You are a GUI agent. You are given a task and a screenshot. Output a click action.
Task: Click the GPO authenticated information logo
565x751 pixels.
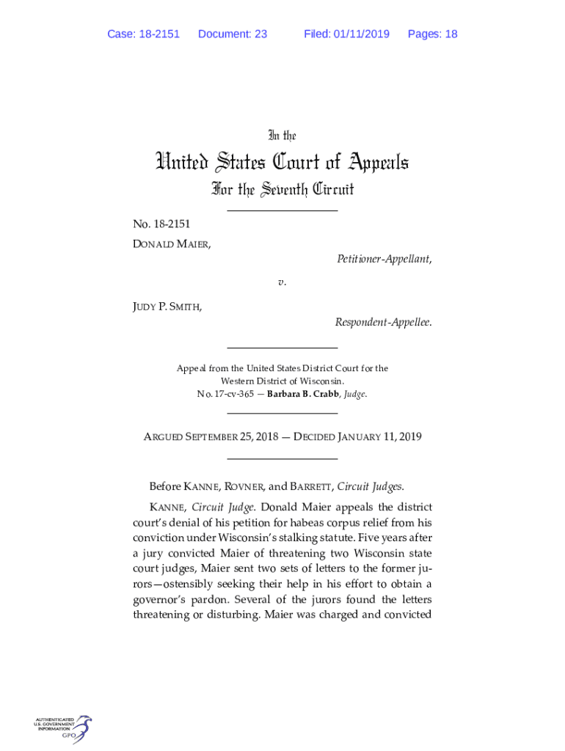tap(63, 729)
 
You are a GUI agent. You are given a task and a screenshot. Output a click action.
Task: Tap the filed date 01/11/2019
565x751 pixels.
tap(362, 34)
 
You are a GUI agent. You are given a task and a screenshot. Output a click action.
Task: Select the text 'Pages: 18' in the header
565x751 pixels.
tap(432, 34)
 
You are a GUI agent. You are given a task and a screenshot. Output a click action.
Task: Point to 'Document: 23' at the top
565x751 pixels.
tap(232, 34)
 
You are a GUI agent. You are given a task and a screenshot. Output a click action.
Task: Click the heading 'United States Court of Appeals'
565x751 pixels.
tap(282, 161)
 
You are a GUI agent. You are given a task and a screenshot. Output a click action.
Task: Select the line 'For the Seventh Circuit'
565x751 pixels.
tap(282, 190)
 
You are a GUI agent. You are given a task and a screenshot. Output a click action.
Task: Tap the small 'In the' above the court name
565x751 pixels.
tap(282, 136)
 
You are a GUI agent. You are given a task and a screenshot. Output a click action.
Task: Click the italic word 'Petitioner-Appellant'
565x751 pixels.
tap(384, 259)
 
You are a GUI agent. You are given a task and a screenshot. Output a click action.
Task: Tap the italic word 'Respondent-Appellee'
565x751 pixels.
tap(383, 322)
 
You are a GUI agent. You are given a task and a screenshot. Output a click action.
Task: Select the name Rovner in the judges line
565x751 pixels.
tap(238, 486)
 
